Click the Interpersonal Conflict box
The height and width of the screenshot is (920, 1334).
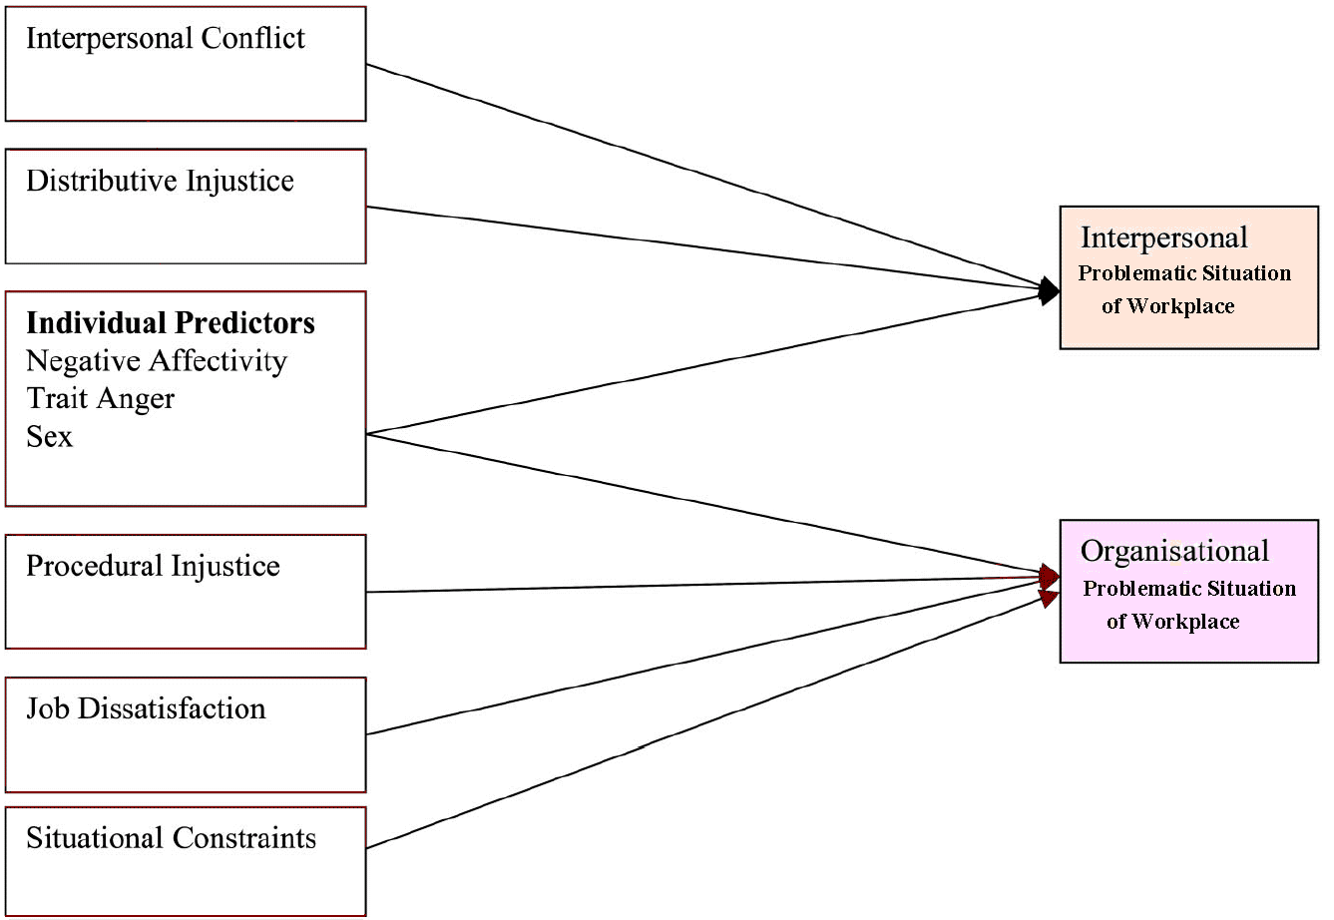[186, 64]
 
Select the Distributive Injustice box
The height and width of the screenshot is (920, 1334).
[186, 207]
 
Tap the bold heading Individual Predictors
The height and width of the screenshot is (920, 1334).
[171, 323]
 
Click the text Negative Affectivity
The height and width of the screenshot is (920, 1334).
[157, 361]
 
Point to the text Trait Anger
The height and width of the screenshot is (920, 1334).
[101, 399]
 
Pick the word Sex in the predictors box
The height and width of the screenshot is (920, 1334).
[50, 437]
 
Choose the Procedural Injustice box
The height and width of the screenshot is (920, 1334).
[186, 592]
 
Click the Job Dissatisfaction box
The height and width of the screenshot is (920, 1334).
[186, 734]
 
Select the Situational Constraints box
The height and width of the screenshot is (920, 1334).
[186, 861]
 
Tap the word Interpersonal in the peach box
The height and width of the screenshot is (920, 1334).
[1164, 238]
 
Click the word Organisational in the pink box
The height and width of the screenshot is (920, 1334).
[1175, 552]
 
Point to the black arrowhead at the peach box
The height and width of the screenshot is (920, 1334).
[1049, 290]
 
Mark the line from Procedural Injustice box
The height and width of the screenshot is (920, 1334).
[698, 585]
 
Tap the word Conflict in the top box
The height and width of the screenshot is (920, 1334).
[253, 39]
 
